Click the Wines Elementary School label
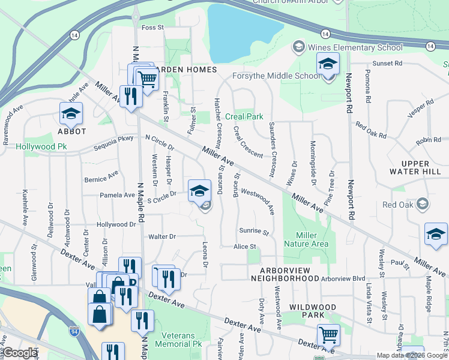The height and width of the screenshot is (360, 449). [354, 47]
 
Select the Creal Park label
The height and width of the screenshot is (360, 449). [246, 116]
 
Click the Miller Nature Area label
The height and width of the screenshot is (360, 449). [312, 239]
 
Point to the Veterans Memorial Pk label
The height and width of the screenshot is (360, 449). [178, 339]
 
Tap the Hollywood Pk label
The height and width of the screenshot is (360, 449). [41, 146]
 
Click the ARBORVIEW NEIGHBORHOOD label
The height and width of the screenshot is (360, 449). [285, 274]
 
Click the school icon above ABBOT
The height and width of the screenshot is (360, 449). [71, 113]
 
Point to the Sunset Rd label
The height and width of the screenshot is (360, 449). [387, 63]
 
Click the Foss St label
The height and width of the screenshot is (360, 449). [152, 28]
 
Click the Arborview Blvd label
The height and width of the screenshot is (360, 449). [343, 278]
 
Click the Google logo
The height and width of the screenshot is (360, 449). [20, 353]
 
